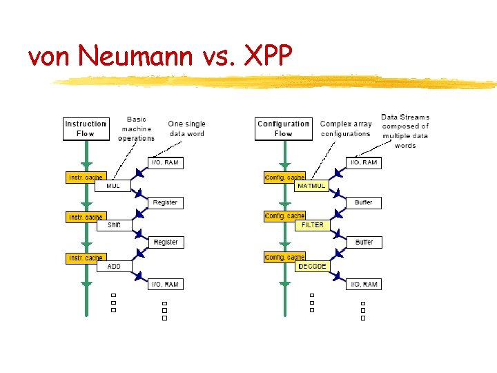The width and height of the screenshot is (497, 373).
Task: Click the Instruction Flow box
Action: tap(86, 129)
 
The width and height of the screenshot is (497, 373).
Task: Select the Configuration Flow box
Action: tap(283, 129)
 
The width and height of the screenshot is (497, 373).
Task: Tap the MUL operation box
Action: tap(114, 186)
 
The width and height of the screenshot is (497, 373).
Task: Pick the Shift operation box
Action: tap(114, 225)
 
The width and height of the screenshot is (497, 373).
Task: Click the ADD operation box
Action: tap(114, 266)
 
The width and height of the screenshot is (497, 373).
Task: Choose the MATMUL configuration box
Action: tap(311, 186)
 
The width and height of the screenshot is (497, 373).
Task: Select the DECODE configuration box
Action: tap(312, 266)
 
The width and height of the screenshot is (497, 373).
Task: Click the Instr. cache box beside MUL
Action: tap(85, 178)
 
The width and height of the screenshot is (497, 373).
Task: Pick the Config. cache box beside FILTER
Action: tap(284, 217)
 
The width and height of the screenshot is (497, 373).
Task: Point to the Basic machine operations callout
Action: tap(136, 128)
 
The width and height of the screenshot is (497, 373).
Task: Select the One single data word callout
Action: tap(186, 128)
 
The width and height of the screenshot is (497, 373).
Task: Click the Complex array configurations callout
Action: tap(345, 128)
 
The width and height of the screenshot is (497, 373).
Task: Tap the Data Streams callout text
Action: tap(405, 131)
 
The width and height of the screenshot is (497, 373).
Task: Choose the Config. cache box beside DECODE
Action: tap(284, 258)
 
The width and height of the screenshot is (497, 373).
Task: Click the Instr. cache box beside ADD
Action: tap(85, 258)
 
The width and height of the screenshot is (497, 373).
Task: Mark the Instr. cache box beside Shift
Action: tap(85, 217)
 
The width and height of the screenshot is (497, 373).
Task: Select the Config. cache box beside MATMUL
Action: tap(284, 178)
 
